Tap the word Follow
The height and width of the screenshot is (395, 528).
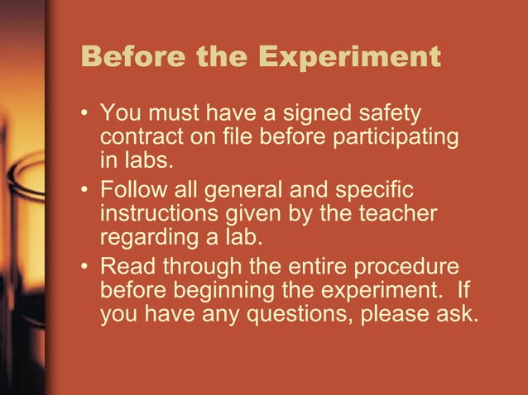pos(132,190)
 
